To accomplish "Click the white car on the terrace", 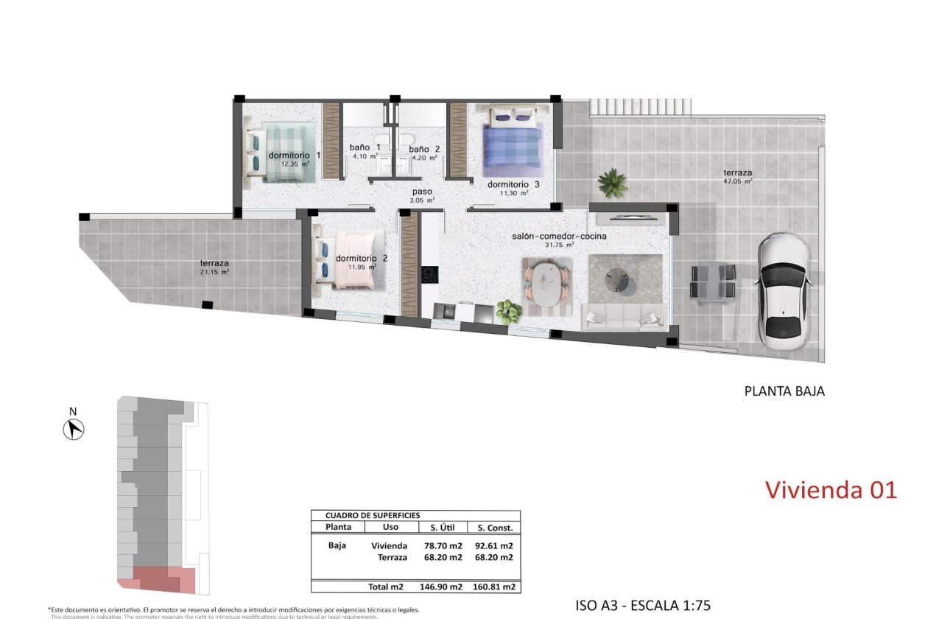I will coord(784,291).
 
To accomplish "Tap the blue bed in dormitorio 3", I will coord(513,147).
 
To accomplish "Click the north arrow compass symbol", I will coord(74,428).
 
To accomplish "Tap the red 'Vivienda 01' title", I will coord(831,490).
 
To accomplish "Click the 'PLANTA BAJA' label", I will coord(784,391).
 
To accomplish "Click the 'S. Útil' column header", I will coord(440,528).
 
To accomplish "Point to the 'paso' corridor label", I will coord(422,192).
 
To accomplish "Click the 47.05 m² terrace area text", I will coord(736,181).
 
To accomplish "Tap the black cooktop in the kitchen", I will coord(429,275).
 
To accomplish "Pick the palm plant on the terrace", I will coord(612,183).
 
